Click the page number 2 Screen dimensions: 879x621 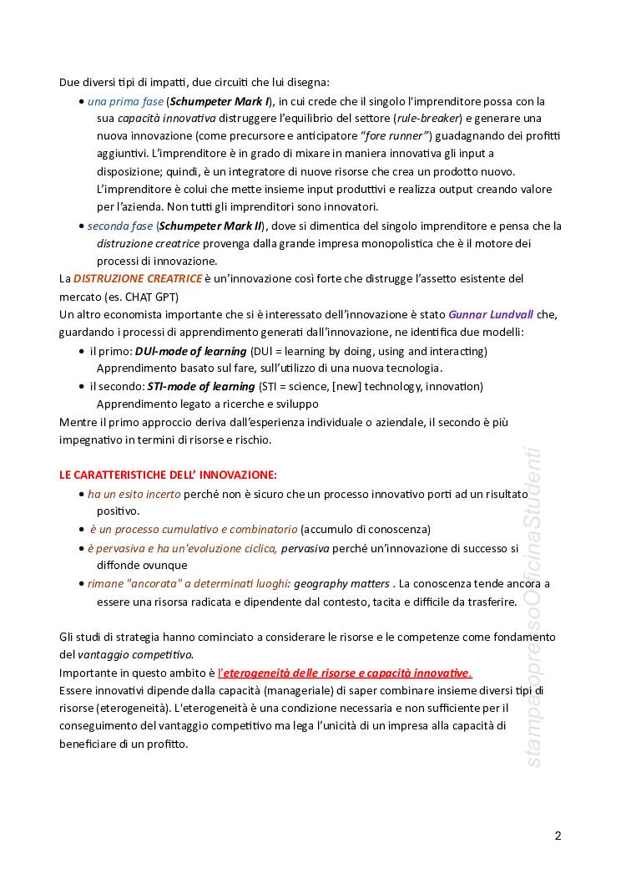(x=558, y=836)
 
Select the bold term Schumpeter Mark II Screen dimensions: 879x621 (x=210, y=226)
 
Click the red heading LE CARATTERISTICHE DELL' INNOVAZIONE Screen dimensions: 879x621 (x=168, y=475)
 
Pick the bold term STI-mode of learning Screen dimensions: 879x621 (x=201, y=386)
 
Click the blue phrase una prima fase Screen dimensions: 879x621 (x=125, y=101)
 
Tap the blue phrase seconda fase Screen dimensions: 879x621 (x=120, y=226)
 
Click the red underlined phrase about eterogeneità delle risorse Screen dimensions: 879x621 (x=345, y=673)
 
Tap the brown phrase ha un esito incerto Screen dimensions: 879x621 (x=134, y=494)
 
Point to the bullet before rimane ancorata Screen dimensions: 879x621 (x=81, y=584)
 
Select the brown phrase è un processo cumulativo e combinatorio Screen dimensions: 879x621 (x=193, y=529)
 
